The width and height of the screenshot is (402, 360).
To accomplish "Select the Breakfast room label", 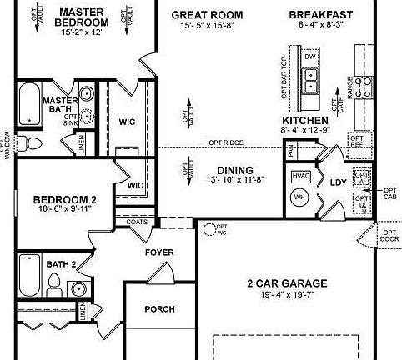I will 321,15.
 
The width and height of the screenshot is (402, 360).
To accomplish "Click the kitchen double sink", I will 310,79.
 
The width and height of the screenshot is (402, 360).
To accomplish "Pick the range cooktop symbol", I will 364,83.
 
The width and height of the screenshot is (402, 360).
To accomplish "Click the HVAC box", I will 300,177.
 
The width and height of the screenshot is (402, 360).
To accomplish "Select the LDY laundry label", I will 338,182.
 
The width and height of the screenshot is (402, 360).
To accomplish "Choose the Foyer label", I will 158,252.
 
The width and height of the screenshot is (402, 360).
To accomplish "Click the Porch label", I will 159,309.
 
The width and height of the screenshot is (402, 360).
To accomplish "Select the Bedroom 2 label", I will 65,200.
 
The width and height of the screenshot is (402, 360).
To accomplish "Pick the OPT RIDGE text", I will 227,142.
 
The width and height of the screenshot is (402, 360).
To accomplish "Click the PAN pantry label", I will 291,151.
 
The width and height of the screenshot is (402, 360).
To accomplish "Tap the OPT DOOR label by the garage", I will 389,236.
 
